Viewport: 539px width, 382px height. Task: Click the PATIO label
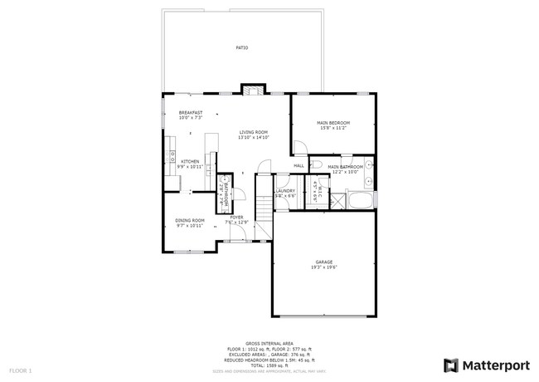point(242,47)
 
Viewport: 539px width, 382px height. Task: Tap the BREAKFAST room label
point(191,112)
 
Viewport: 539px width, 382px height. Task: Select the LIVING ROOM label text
point(254,132)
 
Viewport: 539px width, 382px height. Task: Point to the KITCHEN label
point(190,161)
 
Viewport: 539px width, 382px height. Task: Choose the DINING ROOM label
point(190,220)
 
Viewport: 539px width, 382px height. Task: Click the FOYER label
point(236,218)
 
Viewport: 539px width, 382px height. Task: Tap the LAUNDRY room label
point(285,190)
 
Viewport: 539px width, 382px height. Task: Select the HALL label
point(299,166)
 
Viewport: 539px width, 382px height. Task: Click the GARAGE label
point(323,262)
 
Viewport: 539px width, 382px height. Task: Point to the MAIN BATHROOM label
point(346,167)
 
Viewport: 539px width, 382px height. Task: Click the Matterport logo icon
point(450,365)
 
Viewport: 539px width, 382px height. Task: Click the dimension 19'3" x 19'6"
point(323,267)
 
